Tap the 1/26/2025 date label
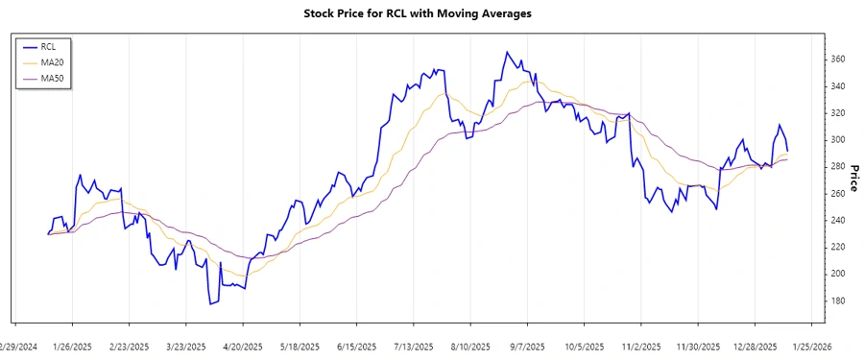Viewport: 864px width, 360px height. (72, 347)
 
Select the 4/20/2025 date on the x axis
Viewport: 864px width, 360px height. (243, 347)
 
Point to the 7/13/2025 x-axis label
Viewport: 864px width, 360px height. (414, 347)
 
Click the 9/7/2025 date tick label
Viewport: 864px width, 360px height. (527, 347)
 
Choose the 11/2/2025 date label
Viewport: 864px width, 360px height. (641, 347)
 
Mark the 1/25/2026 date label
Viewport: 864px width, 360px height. (811, 347)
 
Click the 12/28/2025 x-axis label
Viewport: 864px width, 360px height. (755, 347)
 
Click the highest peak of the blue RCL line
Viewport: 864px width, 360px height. (507, 52)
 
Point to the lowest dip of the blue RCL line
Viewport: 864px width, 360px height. (210, 304)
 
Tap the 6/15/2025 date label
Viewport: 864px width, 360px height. (357, 347)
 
